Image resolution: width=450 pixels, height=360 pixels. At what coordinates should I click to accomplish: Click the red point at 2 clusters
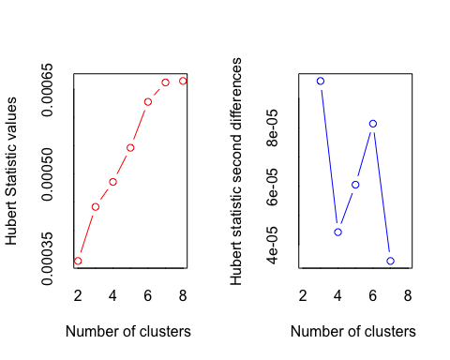[x=78, y=261]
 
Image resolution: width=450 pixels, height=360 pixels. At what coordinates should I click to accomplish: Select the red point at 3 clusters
[x=96, y=206]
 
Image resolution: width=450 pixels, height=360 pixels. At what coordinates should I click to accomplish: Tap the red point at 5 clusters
[x=130, y=147]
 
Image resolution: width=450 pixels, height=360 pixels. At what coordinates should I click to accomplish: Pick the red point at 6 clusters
[x=148, y=101]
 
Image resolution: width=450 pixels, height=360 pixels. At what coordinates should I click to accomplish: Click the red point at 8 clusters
[x=183, y=81]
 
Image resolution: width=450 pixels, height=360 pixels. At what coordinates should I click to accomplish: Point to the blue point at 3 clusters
[x=321, y=81]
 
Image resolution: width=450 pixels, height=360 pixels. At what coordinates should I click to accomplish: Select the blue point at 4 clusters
[x=337, y=232]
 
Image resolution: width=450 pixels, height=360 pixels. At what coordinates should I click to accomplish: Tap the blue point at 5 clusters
[x=355, y=185]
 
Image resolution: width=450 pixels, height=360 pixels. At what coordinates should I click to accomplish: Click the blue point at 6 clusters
[x=373, y=123]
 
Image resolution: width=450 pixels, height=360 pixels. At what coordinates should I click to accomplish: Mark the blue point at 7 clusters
[x=390, y=261]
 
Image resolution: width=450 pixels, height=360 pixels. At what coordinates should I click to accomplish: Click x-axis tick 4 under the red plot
[x=112, y=295]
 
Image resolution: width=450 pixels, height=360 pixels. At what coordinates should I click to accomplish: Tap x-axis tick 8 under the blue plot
[x=408, y=295]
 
